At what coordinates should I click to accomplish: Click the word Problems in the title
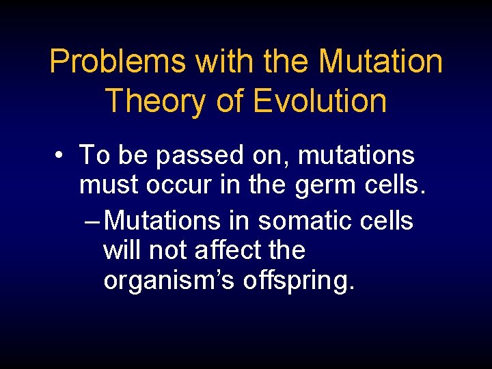point(118,61)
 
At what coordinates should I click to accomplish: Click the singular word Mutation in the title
point(381,61)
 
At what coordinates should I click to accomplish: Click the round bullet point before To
point(61,156)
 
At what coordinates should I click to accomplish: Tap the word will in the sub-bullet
point(122,250)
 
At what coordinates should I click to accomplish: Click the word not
point(167,250)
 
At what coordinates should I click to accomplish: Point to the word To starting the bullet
point(94,156)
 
